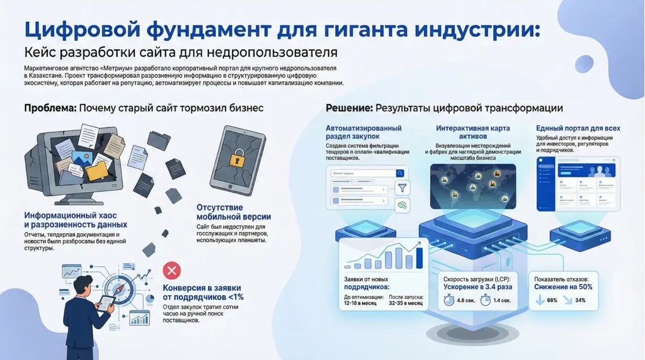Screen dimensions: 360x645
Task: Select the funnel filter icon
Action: tap(402, 187)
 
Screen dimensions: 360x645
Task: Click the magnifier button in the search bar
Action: tap(400, 173)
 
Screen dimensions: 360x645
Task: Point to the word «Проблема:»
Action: tap(50, 108)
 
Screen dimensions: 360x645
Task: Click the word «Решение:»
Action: tap(349, 108)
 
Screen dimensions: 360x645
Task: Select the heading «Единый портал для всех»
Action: tap(578, 129)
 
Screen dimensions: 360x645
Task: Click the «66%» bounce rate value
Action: tap(551, 300)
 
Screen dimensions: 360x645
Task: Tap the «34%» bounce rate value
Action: tap(580, 300)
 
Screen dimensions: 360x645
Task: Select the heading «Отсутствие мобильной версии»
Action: tap(234, 212)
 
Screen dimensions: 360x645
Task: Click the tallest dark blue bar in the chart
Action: tap(419, 255)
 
